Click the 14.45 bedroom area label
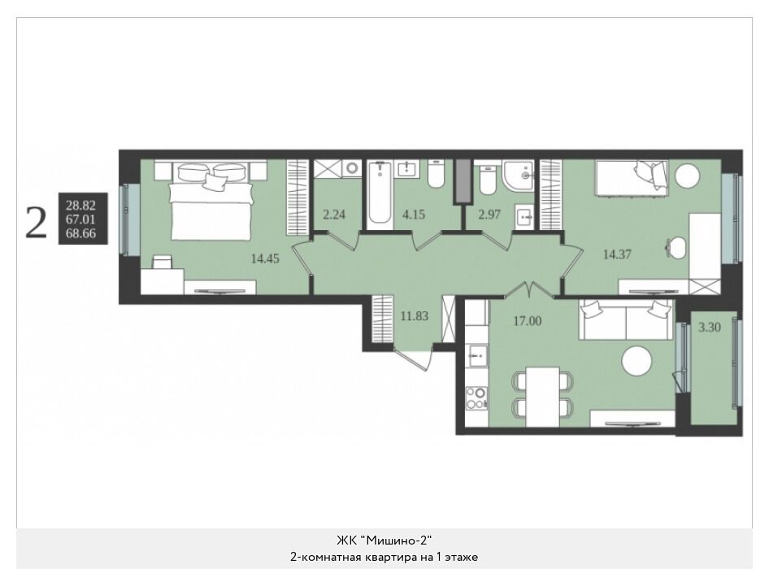[x=265, y=258]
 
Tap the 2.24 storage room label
[x=334, y=214]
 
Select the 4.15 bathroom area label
[x=414, y=214]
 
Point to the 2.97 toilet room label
[x=489, y=214]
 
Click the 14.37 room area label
[x=617, y=254]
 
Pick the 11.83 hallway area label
[x=415, y=316]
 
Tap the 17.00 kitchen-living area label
[x=528, y=321]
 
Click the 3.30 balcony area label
[x=710, y=327]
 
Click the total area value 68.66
[x=81, y=233]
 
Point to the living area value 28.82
[x=81, y=206]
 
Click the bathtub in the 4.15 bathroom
[x=380, y=194]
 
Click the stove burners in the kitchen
[x=476, y=398]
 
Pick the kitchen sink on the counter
[x=477, y=355]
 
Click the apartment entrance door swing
[x=413, y=359]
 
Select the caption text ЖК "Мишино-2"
[x=384, y=540]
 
